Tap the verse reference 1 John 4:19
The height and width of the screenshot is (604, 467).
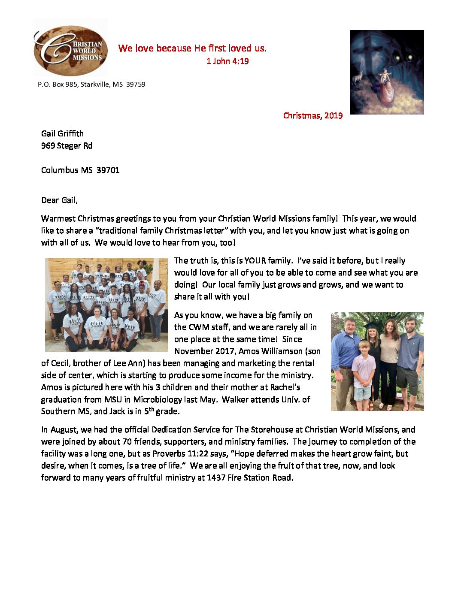pyautogui.click(x=227, y=61)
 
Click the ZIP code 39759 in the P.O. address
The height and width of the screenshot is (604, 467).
pyautogui.click(x=136, y=85)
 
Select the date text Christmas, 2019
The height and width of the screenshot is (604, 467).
pyautogui.click(x=313, y=115)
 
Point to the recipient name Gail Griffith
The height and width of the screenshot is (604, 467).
pyautogui.click(x=62, y=133)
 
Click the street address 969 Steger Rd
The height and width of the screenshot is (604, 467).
pyautogui.click(x=67, y=145)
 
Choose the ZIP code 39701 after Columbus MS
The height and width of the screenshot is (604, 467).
pyautogui.click(x=108, y=170)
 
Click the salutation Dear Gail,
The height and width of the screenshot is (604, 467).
pyautogui.click(x=59, y=200)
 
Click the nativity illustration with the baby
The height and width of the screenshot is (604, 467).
pyautogui.click(x=386, y=72)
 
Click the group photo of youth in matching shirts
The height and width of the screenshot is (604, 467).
pyautogui.click(x=106, y=305)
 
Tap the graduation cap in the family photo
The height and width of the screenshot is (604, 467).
pyautogui.click(x=370, y=324)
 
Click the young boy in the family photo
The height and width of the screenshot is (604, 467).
pyautogui.click(x=364, y=369)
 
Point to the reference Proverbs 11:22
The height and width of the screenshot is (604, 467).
pyautogui.click(x=188, y=453)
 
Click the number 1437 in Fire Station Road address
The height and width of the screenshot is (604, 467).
pyautogui.click(x=216, y=477)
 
